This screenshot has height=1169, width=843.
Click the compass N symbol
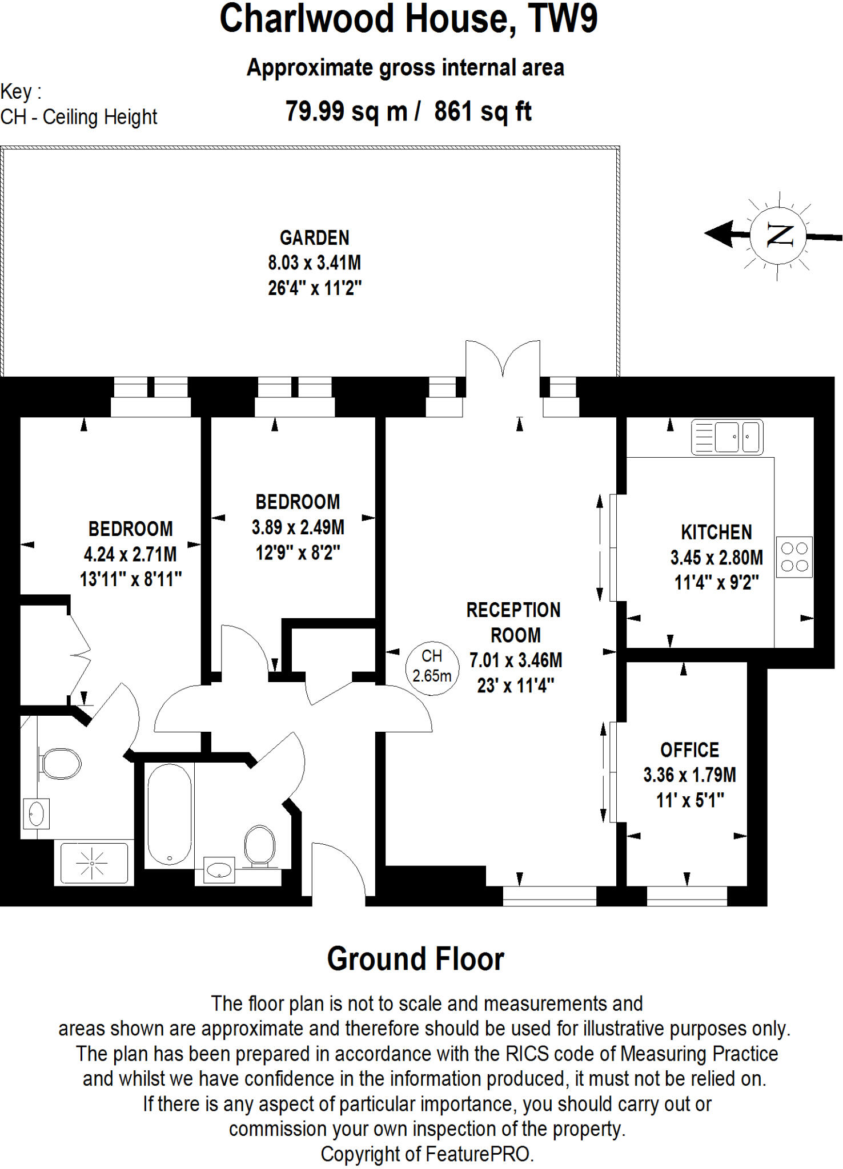(x=778, y=235)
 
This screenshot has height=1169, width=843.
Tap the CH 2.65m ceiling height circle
(x=432, y=666)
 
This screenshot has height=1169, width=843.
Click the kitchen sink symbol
(x=727, y=437)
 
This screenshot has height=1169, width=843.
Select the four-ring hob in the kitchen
(x=794, y=557)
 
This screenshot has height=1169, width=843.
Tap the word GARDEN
(x=314, y=237)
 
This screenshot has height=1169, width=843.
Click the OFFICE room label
(x=689, y=749)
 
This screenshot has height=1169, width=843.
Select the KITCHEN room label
(x=716, y=532)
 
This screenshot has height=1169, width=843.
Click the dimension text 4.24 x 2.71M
(x=130, y=554)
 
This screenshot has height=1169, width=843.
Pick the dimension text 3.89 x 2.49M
(x=298, y=527)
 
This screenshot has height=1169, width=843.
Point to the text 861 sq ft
(x=483, y=111)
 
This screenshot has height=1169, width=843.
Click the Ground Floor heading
(x=415, y=959)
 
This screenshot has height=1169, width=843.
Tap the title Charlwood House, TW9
(x=408, y=19)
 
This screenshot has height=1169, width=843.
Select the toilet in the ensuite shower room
(x=61, y=764)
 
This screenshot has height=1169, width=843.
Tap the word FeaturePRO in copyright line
(x=478, y=1154)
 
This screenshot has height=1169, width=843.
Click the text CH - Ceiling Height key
(x=79, y=117)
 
